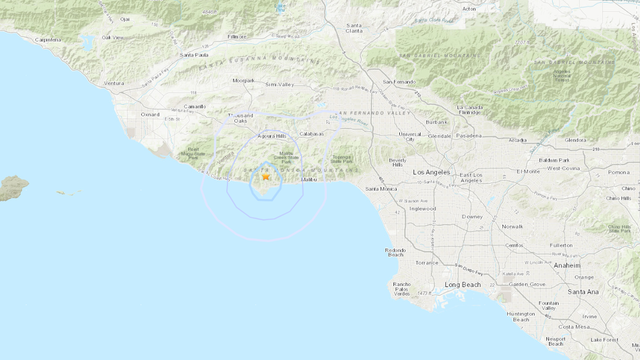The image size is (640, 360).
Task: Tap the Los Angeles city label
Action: (x=432, y=172)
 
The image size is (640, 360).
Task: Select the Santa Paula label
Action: (x=194, y=55)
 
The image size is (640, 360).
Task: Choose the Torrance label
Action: (x=427, y=262)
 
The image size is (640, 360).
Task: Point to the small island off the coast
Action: (x=12, y=187)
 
